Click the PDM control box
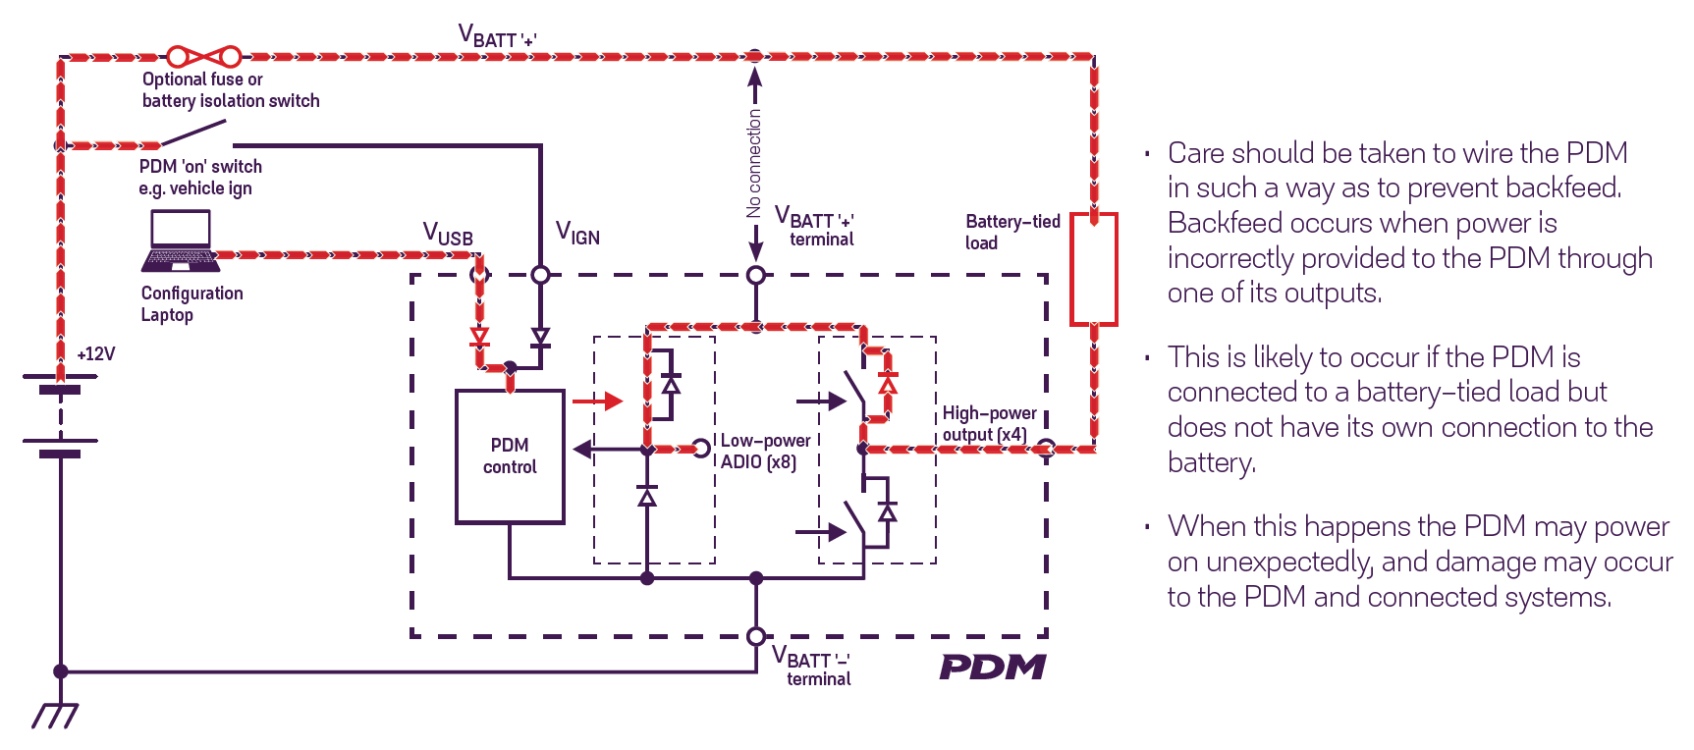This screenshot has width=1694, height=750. [x=510, y=456]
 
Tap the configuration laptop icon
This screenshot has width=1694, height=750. [x=181, y=241]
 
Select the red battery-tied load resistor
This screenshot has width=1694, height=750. [x=1094, y=269]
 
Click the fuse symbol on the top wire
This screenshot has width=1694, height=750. [x=203, y=57]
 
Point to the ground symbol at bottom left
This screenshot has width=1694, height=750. [x=56, y=716]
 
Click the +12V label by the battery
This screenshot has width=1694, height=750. [x=96, y=354]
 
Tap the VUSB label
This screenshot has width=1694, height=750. [x=448, y=235]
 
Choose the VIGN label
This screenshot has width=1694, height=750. [x=577, y=234]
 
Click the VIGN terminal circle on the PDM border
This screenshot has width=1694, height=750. [x=540, y=275]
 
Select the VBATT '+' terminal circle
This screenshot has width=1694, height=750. [x=756, y=276]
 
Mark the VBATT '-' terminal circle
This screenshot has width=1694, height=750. [x=756, y=636]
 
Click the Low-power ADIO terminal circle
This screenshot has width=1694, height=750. [x=701, y=449]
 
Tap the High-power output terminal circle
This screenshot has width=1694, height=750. [x=1047, y=449]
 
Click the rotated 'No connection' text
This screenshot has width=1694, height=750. [x=753, y=163]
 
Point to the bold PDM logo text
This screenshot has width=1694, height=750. [x=993, y=668]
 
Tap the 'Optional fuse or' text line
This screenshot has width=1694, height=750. [x=202, y=80]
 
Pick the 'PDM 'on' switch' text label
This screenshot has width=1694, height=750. [x=200, y=167]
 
